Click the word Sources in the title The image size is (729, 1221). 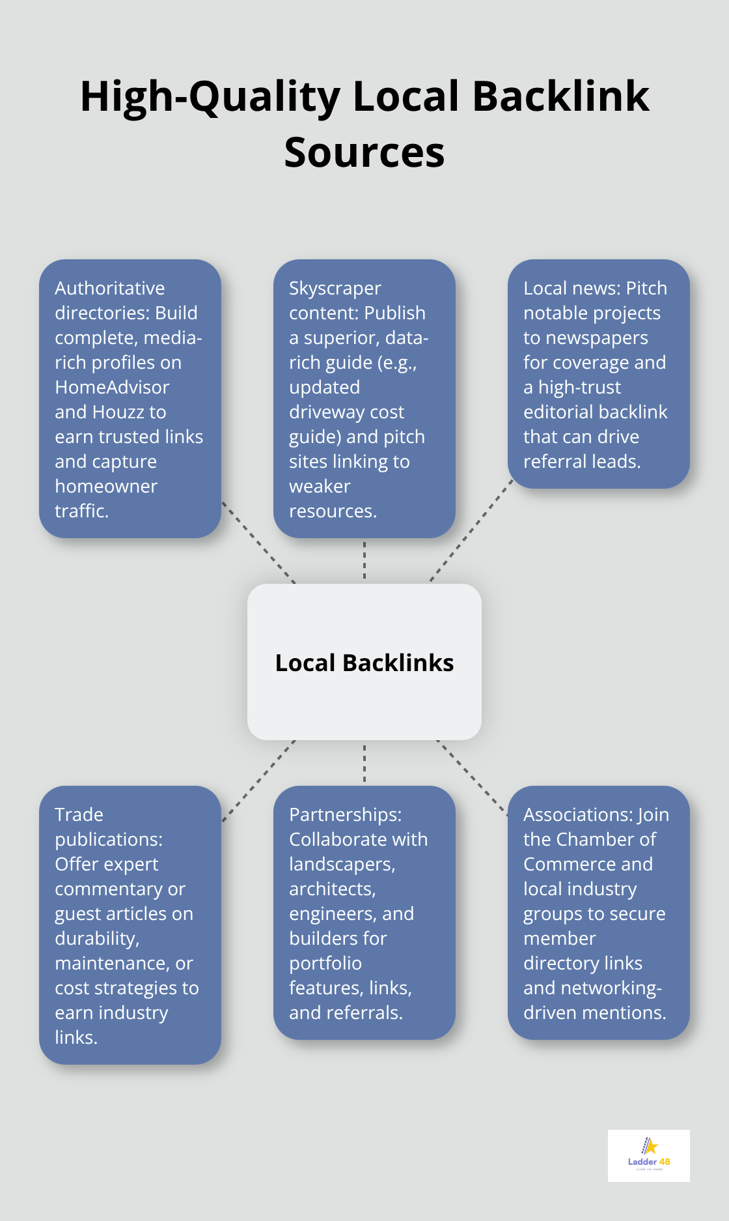click(364, 152)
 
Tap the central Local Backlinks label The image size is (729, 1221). click(364, 663)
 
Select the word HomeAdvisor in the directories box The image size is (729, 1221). click(112, 387)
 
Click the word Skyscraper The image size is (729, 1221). click(335, 288)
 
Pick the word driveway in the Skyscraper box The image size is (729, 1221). click(346, 412)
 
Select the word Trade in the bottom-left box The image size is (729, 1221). click(79, 814)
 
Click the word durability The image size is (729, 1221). click(97, 938)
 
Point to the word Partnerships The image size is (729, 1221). click(345, 814)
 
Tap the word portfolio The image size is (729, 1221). click(325, 963)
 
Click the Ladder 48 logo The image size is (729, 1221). click(649, 1155)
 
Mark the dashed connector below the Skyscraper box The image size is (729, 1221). click(364, 560)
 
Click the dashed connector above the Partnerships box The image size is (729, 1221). click(364, 763)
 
